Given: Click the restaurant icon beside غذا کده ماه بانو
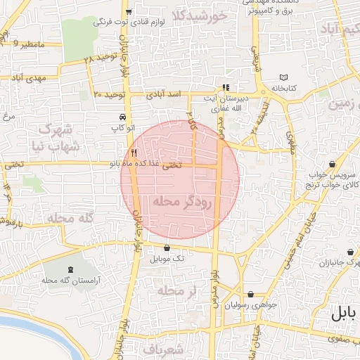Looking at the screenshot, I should click(x=134, y=153).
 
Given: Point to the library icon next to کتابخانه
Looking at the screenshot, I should click(x=283, y=77).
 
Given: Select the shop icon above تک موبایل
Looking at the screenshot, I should click(x=167, y=247).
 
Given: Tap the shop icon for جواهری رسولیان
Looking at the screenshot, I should click(x=250, y=295).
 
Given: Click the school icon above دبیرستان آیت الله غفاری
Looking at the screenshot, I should click(x=226, y=88).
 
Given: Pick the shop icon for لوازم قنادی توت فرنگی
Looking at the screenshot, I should click(x=128, y=12).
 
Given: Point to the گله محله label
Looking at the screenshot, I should click(x=71, y=219).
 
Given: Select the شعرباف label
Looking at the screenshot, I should click(x=162, y=349).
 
